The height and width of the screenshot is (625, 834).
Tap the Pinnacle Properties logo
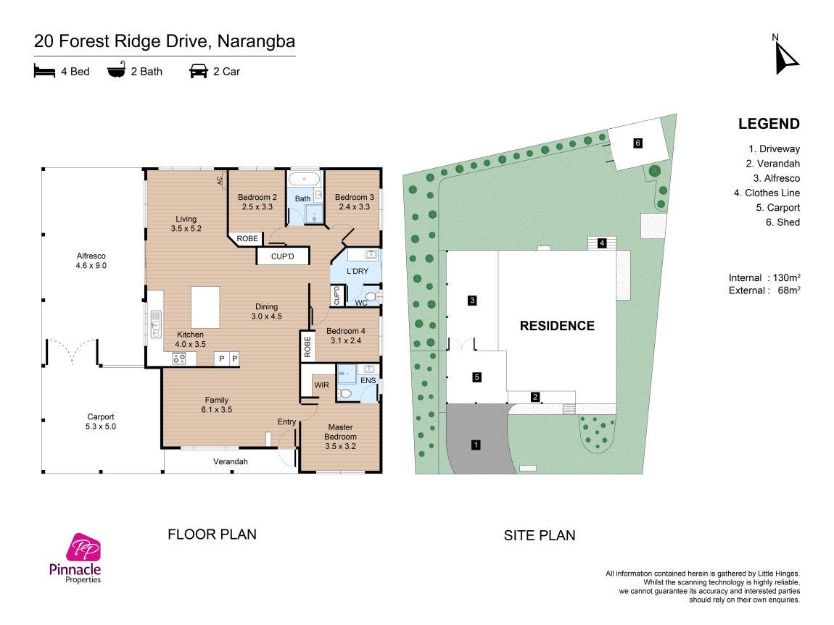coord(75,558)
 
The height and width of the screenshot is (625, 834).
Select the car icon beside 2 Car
coord(199,71)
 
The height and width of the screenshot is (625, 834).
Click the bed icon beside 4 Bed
coord(44,71)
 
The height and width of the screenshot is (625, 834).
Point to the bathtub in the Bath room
coord(305,179)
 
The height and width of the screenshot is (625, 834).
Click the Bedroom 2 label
coord(257,202)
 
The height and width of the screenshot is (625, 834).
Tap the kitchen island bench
coord(205,307)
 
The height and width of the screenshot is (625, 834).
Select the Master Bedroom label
coord(340,437)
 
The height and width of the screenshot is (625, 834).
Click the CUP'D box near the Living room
coord(282,256)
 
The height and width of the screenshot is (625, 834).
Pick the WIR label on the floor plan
coord(321,385)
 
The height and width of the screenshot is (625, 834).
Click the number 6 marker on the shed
coord(637,143)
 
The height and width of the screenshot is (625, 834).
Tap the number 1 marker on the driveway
coord(476,445)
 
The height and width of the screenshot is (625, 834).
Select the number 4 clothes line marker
coord(601,243)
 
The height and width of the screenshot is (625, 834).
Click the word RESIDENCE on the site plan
coord(557,326)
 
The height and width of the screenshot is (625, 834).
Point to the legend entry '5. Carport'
coord(777,208)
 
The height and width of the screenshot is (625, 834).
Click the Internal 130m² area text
coord(765,277)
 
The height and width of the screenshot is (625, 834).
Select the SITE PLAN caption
coord(540,535)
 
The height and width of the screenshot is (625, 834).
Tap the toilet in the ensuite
coord(344,393)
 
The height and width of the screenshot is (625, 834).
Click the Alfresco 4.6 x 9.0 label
coord(91,261)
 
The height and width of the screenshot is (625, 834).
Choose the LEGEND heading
coord(769,124)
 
